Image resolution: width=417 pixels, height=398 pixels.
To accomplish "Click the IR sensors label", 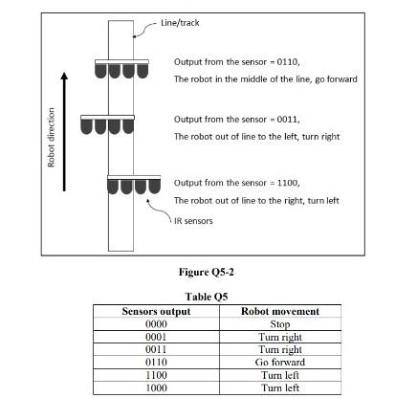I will click(193, 221).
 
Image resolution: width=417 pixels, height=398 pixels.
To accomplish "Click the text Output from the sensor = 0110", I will click(236, 61).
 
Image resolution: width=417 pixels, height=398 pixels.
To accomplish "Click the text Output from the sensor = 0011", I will click(236, 120).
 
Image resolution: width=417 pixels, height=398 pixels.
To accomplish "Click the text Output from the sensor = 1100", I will click(236, 182).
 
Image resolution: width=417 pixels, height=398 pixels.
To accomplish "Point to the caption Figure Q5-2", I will click(208, 272).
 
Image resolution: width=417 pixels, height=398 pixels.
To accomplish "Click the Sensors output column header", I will click(157, 311).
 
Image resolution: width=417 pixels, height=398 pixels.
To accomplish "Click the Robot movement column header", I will click(280, 311).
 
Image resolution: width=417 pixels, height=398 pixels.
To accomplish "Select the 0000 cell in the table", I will click(157, 323).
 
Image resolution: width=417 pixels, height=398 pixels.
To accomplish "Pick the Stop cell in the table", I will click(280, 323).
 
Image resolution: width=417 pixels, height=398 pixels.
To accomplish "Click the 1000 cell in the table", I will click(157, 387).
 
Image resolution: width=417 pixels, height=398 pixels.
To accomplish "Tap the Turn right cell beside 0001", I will click(280, 337).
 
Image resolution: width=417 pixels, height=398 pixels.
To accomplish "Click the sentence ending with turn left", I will click(256, 200).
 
